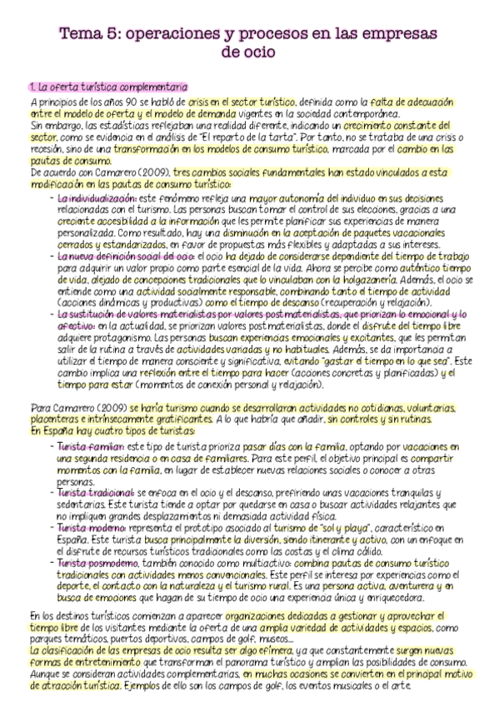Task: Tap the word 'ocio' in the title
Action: tap(257, 52)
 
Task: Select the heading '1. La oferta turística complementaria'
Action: tap(108, 87)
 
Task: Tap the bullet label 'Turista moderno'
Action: tap(92, 528)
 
